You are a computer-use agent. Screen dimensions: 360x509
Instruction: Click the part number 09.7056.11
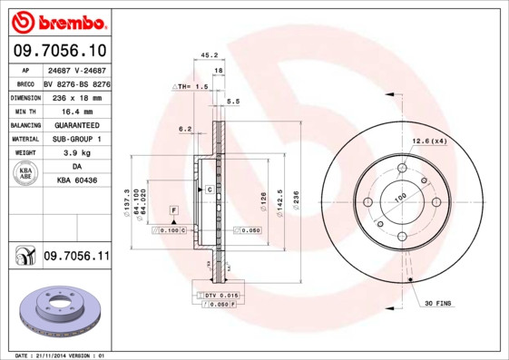tap(76, 258)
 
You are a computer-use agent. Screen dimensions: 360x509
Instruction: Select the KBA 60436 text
tap(77, 181)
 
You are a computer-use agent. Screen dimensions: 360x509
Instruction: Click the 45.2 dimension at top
tap(208, 54)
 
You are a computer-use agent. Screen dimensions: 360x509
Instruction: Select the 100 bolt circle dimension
tap(399, 196)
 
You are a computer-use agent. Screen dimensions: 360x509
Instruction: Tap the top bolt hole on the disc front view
tap(402, 169)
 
